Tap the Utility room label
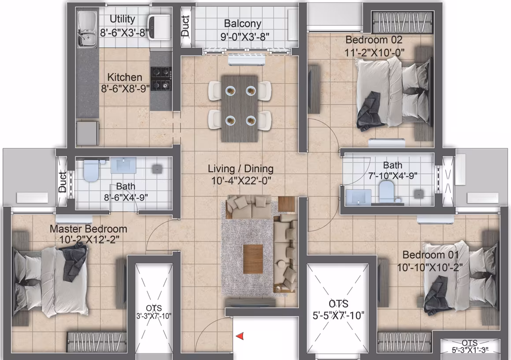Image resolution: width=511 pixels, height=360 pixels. [122, 19]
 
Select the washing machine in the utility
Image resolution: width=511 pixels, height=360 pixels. [159, 27]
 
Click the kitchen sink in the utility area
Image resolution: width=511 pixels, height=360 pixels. [87, 29]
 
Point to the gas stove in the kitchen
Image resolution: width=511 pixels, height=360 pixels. [161, 78]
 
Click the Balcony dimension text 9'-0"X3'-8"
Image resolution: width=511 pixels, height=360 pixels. [245, 37]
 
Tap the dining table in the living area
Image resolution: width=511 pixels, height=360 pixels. [240, 109]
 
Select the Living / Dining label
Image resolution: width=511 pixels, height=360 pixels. [241, 169]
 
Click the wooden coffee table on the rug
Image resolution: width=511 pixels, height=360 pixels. [253, 259]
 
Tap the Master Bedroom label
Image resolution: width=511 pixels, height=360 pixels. [88, 229]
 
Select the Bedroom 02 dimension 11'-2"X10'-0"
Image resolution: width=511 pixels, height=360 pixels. [374, 52]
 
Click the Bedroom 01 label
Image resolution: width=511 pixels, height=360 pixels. [430, 254]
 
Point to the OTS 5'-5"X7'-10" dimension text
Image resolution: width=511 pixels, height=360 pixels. [338, 316]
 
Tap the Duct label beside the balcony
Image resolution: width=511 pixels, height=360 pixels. [185, 26]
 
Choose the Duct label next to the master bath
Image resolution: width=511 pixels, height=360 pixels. [62, 182]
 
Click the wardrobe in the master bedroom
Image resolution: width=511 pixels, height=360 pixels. [97, 342]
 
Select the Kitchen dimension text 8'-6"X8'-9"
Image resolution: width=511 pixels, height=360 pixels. [125, 88]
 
